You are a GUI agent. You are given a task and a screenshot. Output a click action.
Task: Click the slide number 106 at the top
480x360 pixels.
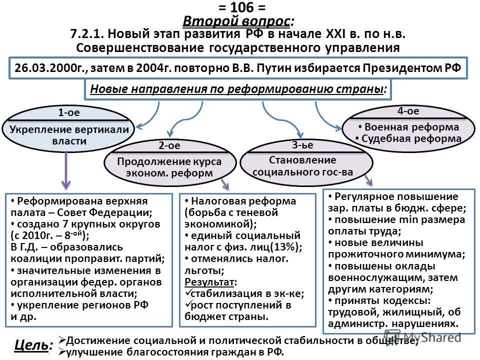tap(239, 7)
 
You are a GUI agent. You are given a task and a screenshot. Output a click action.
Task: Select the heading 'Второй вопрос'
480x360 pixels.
tap(238, 21)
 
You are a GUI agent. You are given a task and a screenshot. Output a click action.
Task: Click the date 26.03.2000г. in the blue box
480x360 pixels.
tap(46, 68)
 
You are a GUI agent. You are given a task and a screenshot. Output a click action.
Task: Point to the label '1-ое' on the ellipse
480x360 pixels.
tap(68, 112)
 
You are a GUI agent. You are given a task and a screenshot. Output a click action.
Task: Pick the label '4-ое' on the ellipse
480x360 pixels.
tap(408, 111)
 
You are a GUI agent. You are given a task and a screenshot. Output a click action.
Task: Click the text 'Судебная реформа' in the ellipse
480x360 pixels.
tap(411, 138)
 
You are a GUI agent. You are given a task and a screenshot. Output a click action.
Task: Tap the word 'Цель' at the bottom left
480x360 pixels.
tap(31, 345)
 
